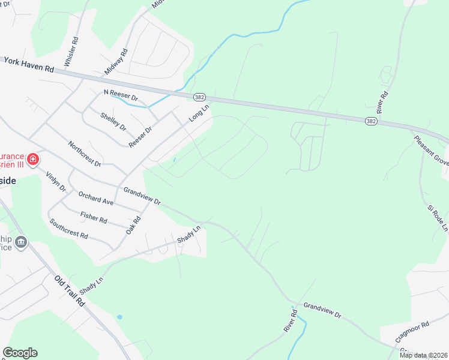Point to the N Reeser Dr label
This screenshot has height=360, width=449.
(121, 96)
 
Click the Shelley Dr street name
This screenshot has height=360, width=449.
(113, 122)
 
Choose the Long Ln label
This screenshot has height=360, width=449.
(198, 113)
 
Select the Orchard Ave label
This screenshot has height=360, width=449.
(95, 198)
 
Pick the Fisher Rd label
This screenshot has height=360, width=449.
(93, 217)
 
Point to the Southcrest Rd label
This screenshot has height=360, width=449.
(68, 228)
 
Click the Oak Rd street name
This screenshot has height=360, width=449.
(133, 226)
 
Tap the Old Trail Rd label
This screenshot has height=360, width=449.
(70, 292)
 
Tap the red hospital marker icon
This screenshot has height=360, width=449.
(33, 160)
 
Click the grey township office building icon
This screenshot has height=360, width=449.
(21, 242)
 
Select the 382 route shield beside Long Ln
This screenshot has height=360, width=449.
(199, 97)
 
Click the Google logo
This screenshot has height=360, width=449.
(20, 353)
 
